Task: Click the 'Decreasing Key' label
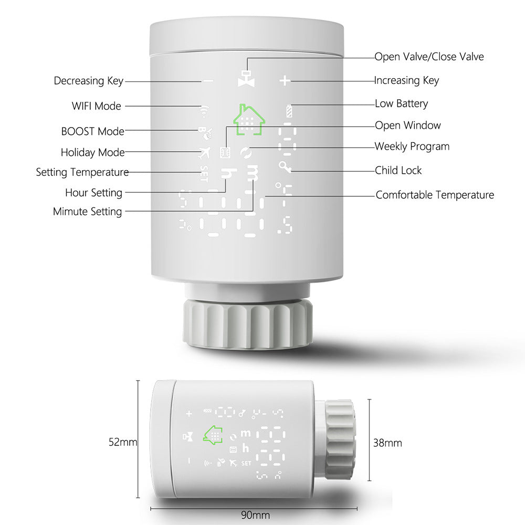pyautogui.click(x=88, y=81)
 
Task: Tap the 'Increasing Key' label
pyautogui.click(x=406, y=80)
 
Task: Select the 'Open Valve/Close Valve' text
pyautogui.click(x=429, y=57)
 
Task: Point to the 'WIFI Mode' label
pyautogui.click(x=97, y=106)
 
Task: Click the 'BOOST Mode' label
pyautogui.click(x=92, y=131)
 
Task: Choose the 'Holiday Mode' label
pyautogui.click(x=93, y=153)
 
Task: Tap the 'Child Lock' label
pyautogui.click(x=398, y=170)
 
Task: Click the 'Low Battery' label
pyautogui.click(x=401, y=103)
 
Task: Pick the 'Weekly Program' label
pyautogui.click(x=412, y=146)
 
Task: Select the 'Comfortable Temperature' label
pyautogui.click(x=435, y=195)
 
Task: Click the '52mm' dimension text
pyautogui.click(x=123, y=443)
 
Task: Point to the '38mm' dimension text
pyautogui.click(x=387, y=443)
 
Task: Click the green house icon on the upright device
pyautogui.click(x=249, y=121)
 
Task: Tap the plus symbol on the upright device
pyautogui.click(x=284, y=81)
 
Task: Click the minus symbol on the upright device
pyautogui.click(x=208, y=81)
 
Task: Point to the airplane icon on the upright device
pyautogui.click(x=204, y=153)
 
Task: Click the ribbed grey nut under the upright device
pyautogui.click(x=247, y=324)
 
